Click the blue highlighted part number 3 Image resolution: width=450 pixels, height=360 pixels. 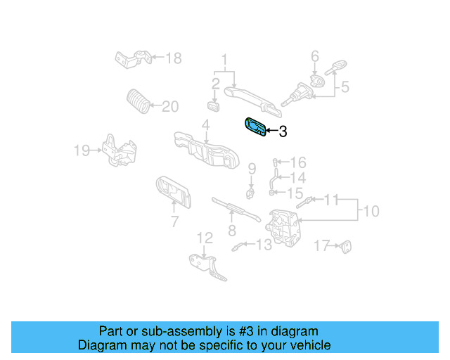click(255, 127)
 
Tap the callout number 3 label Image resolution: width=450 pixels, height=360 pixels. click(283, 131)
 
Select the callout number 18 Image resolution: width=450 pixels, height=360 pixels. click(173, 58)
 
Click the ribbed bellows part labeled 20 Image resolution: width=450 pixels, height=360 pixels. click(138, 103)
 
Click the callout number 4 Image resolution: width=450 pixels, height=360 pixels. click(205, 125)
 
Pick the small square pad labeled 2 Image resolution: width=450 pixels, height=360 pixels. click(214, 105)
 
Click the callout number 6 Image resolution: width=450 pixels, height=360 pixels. click(315, 56)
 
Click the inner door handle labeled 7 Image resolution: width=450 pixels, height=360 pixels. click(172, 191)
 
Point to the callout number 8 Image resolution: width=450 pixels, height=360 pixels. click(231, 230)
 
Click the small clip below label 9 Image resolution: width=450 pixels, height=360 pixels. click(250, 191)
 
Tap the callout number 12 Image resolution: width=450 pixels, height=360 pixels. click(204, 238)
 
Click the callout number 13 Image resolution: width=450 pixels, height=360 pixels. click(264, 245)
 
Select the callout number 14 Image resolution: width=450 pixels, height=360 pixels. click(298, 177)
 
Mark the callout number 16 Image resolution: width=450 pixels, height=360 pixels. click(298, 162)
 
